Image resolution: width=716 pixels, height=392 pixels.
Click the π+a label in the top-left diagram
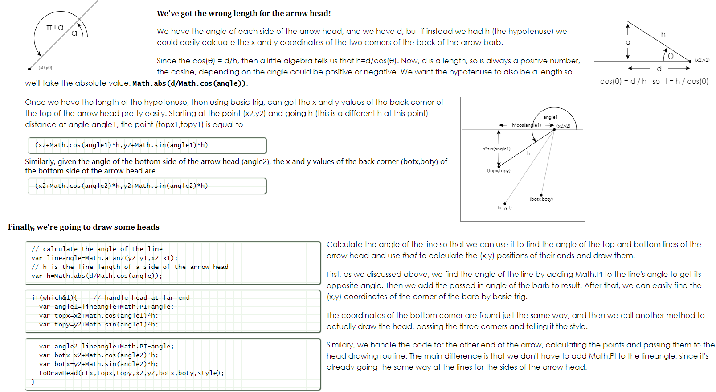(x=55, y=28)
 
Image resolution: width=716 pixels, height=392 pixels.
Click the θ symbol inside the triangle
(x=670, y=56)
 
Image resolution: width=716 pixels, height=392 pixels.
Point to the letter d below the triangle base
(x=659, y=69)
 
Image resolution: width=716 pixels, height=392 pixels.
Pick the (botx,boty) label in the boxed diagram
(x=541, y=199)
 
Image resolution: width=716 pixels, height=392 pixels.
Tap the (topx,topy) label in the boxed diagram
(x=499, y=171)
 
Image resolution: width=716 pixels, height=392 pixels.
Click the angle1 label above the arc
(x=550, y=117)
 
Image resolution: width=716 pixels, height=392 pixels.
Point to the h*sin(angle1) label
(x=496, y=149)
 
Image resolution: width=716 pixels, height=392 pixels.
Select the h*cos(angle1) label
(x=526, y=125)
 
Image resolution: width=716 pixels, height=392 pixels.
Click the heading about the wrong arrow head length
(x=244, y=13)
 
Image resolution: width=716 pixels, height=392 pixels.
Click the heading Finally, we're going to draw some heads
(x=84, y=227)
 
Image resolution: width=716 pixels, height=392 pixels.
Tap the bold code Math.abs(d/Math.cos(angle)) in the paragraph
(x=189, y=83)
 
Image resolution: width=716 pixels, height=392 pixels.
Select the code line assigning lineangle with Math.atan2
(x=104, y=258)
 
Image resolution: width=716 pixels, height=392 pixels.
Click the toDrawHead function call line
(x=131, y=373)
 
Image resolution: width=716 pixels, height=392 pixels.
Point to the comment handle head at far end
(x=142, y=297)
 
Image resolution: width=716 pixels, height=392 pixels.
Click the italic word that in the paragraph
(x=409, y=256)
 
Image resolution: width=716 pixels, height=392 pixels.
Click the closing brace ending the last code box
(x=33, y=382)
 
